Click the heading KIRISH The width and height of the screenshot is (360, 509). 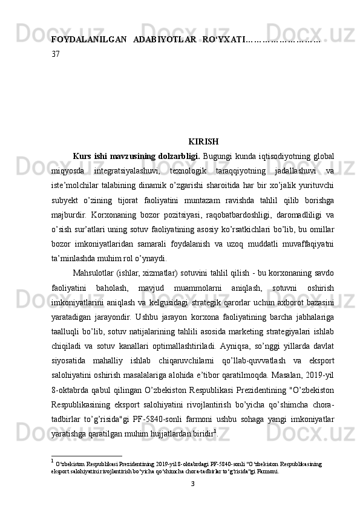click(203, 142)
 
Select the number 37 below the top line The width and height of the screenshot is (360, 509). click(56, 53)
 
